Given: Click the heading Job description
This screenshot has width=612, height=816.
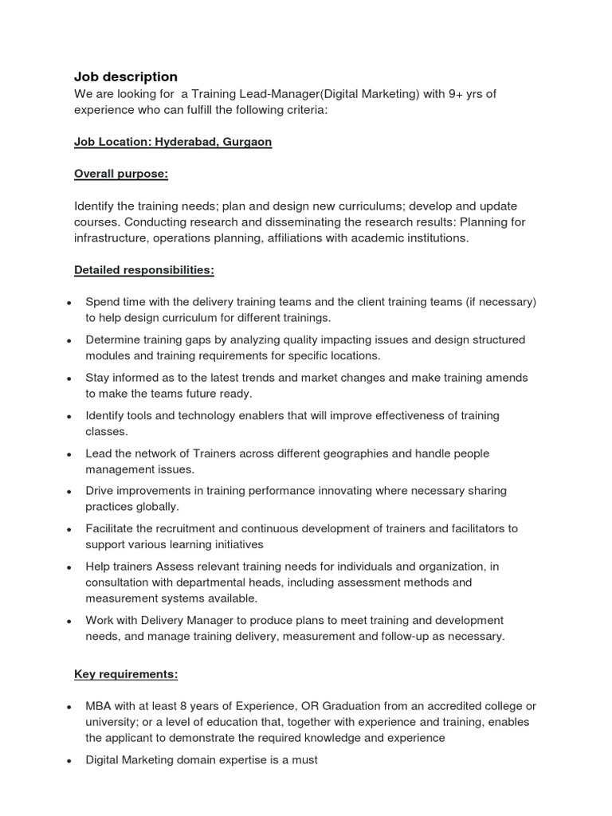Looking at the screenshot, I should tap(126, 76).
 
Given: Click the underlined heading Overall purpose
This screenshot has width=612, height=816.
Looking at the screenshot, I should tap(121, 174).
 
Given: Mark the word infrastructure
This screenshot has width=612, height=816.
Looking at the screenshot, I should tap(112, 237).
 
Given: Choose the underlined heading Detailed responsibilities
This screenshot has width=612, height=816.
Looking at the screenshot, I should tap(143, 270).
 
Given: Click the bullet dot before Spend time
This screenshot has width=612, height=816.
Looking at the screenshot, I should tap(69, 303).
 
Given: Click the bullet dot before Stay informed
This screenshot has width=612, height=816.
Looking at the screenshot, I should tap(69, 379).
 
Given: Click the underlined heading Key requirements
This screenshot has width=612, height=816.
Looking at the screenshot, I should tap(126, 674).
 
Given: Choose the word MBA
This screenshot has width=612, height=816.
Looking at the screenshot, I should tap(99, 706).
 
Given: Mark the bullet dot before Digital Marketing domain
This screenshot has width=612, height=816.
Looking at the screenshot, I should tap(69, 761).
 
